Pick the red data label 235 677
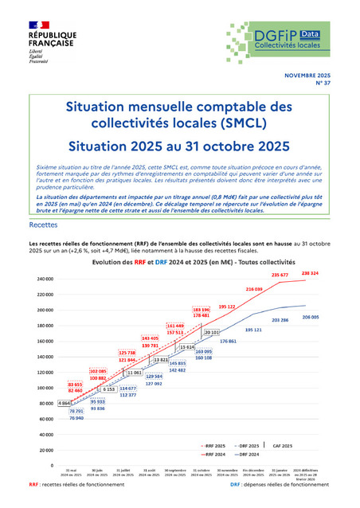pyautogui.click(x=280, y=275)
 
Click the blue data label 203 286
pyautogui.click(x=280, y=320)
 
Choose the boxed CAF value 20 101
pyautogui.click(x=212, y=332)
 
